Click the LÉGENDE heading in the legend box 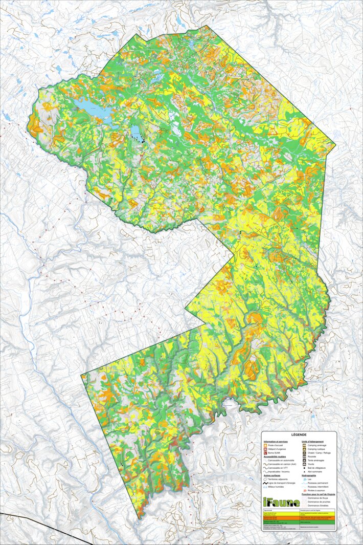299,434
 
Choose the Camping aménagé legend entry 316,445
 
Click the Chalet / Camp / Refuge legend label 320,453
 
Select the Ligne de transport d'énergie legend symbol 266,484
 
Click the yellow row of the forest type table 299,513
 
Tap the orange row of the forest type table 299,518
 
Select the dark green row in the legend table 299,522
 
